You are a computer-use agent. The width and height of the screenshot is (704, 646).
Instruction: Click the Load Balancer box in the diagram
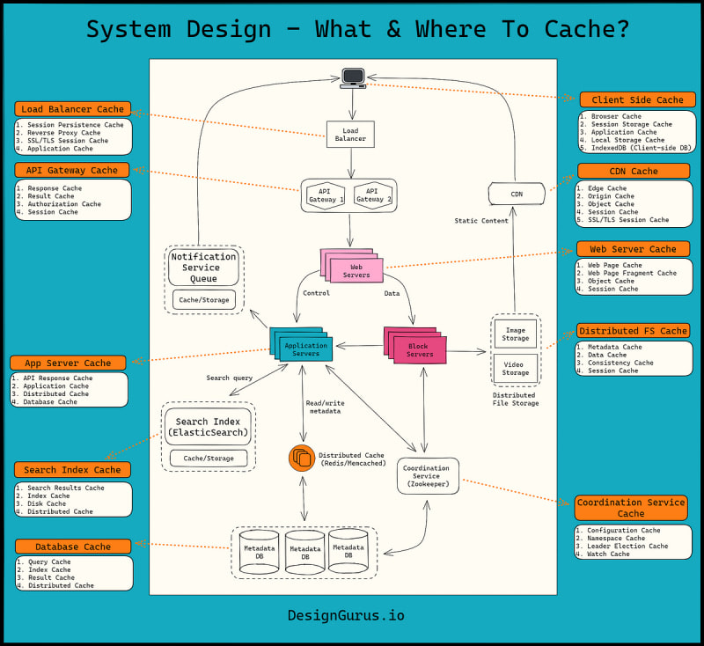[349, 134]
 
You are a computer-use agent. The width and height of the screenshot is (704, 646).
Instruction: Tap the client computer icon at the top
[353, 77]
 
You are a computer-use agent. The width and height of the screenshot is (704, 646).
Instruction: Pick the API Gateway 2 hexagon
[372, 195]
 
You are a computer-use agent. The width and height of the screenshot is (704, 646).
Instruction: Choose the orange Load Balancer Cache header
[73, 109]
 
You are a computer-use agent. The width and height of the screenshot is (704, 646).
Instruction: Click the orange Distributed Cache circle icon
[301, 458]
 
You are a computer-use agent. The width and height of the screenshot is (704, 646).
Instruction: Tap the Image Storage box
[515, 334]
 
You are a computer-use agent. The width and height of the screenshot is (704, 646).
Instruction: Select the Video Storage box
[515, 368]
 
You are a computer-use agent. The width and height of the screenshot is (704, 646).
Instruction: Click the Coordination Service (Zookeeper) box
[427, 474]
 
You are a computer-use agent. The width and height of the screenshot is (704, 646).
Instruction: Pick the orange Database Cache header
[73, 547]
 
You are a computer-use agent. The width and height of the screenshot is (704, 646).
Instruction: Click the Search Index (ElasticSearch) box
[209, 428]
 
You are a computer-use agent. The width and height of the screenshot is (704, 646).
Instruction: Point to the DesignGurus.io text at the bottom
[346, 616]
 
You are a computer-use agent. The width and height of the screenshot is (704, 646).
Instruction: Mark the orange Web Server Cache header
[632, 249]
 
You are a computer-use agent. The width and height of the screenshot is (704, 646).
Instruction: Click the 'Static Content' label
[480, 221]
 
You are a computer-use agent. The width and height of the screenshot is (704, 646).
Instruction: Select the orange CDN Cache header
[631, 171]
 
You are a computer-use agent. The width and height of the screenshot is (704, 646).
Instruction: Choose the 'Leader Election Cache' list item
[627, 546]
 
